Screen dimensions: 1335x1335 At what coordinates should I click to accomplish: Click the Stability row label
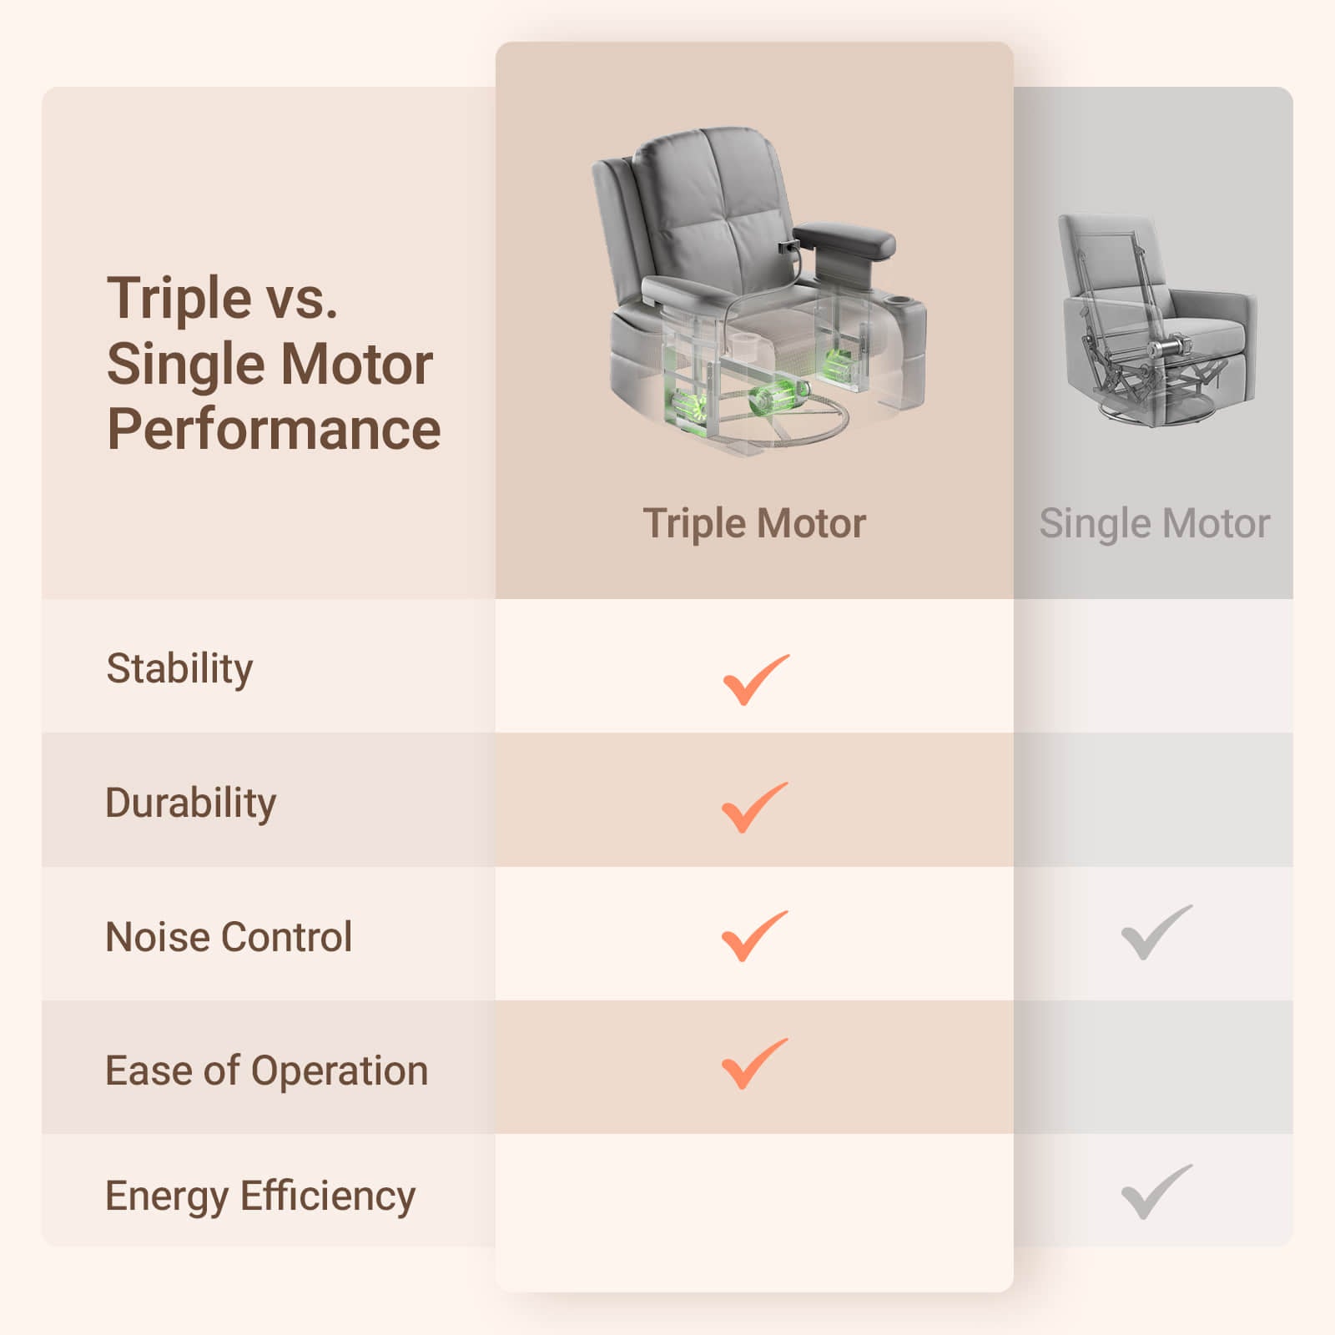[179, 669]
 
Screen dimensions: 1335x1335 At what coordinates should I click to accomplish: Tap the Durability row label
[190, 804]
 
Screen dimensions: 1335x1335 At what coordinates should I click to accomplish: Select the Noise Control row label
[229, 937]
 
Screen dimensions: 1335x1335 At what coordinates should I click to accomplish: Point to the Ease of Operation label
[266, 1071]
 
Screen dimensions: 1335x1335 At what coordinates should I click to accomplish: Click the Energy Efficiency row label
[260, 1197]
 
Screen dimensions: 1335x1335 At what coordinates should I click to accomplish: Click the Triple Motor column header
[754, 524]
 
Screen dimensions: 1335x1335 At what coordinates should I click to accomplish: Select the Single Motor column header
[1154, 524]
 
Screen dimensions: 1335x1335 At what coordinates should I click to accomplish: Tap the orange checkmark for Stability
[755, 680]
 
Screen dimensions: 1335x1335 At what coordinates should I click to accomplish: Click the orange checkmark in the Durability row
[754, 808]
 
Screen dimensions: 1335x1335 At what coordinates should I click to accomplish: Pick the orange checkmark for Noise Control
[754, 936]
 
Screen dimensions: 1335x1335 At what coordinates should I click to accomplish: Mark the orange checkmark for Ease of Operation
[754, 1064]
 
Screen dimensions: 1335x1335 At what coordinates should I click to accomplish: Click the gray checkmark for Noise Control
[1156, 932]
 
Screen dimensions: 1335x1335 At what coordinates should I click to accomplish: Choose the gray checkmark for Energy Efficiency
[1156, 1191]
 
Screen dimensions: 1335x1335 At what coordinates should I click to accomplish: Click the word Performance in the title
[274, 430]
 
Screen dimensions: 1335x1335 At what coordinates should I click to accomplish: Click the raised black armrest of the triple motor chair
[844, 239]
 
